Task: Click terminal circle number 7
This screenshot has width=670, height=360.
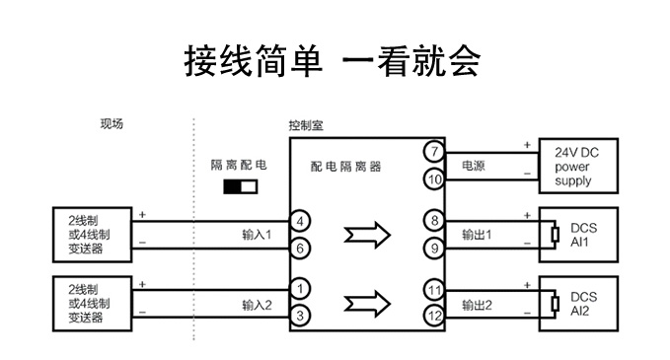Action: [434, 151]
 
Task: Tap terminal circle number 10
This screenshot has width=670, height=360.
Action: [434, 180]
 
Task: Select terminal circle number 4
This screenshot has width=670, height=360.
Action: [300, 221]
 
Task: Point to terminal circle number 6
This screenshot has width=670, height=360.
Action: [300, 249]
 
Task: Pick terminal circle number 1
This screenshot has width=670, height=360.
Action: [300, 289]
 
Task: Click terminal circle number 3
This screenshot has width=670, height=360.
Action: [300, 316]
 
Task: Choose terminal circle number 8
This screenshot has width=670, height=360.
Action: [434, 221]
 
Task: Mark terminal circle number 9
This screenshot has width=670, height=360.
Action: [434, 249]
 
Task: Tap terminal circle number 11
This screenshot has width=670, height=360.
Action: [434, 290]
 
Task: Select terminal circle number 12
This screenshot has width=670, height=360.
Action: [434, 316]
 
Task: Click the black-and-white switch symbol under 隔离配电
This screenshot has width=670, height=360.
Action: [241, 186]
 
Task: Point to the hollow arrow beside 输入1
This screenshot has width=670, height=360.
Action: [367, 235]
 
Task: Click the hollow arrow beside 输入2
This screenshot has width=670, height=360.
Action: [367, 304]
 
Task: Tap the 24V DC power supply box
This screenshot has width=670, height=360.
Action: [578, 166]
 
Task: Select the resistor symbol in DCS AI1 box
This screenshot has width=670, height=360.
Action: [556, 235]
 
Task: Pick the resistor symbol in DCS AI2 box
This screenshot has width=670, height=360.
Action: [556, 304]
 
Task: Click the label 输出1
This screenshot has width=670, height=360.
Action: [477, 235]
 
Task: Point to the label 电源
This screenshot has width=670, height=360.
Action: [474, 166]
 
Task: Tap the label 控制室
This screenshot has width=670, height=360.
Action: [306, 125]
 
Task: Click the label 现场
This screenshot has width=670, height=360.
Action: [112, 124]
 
